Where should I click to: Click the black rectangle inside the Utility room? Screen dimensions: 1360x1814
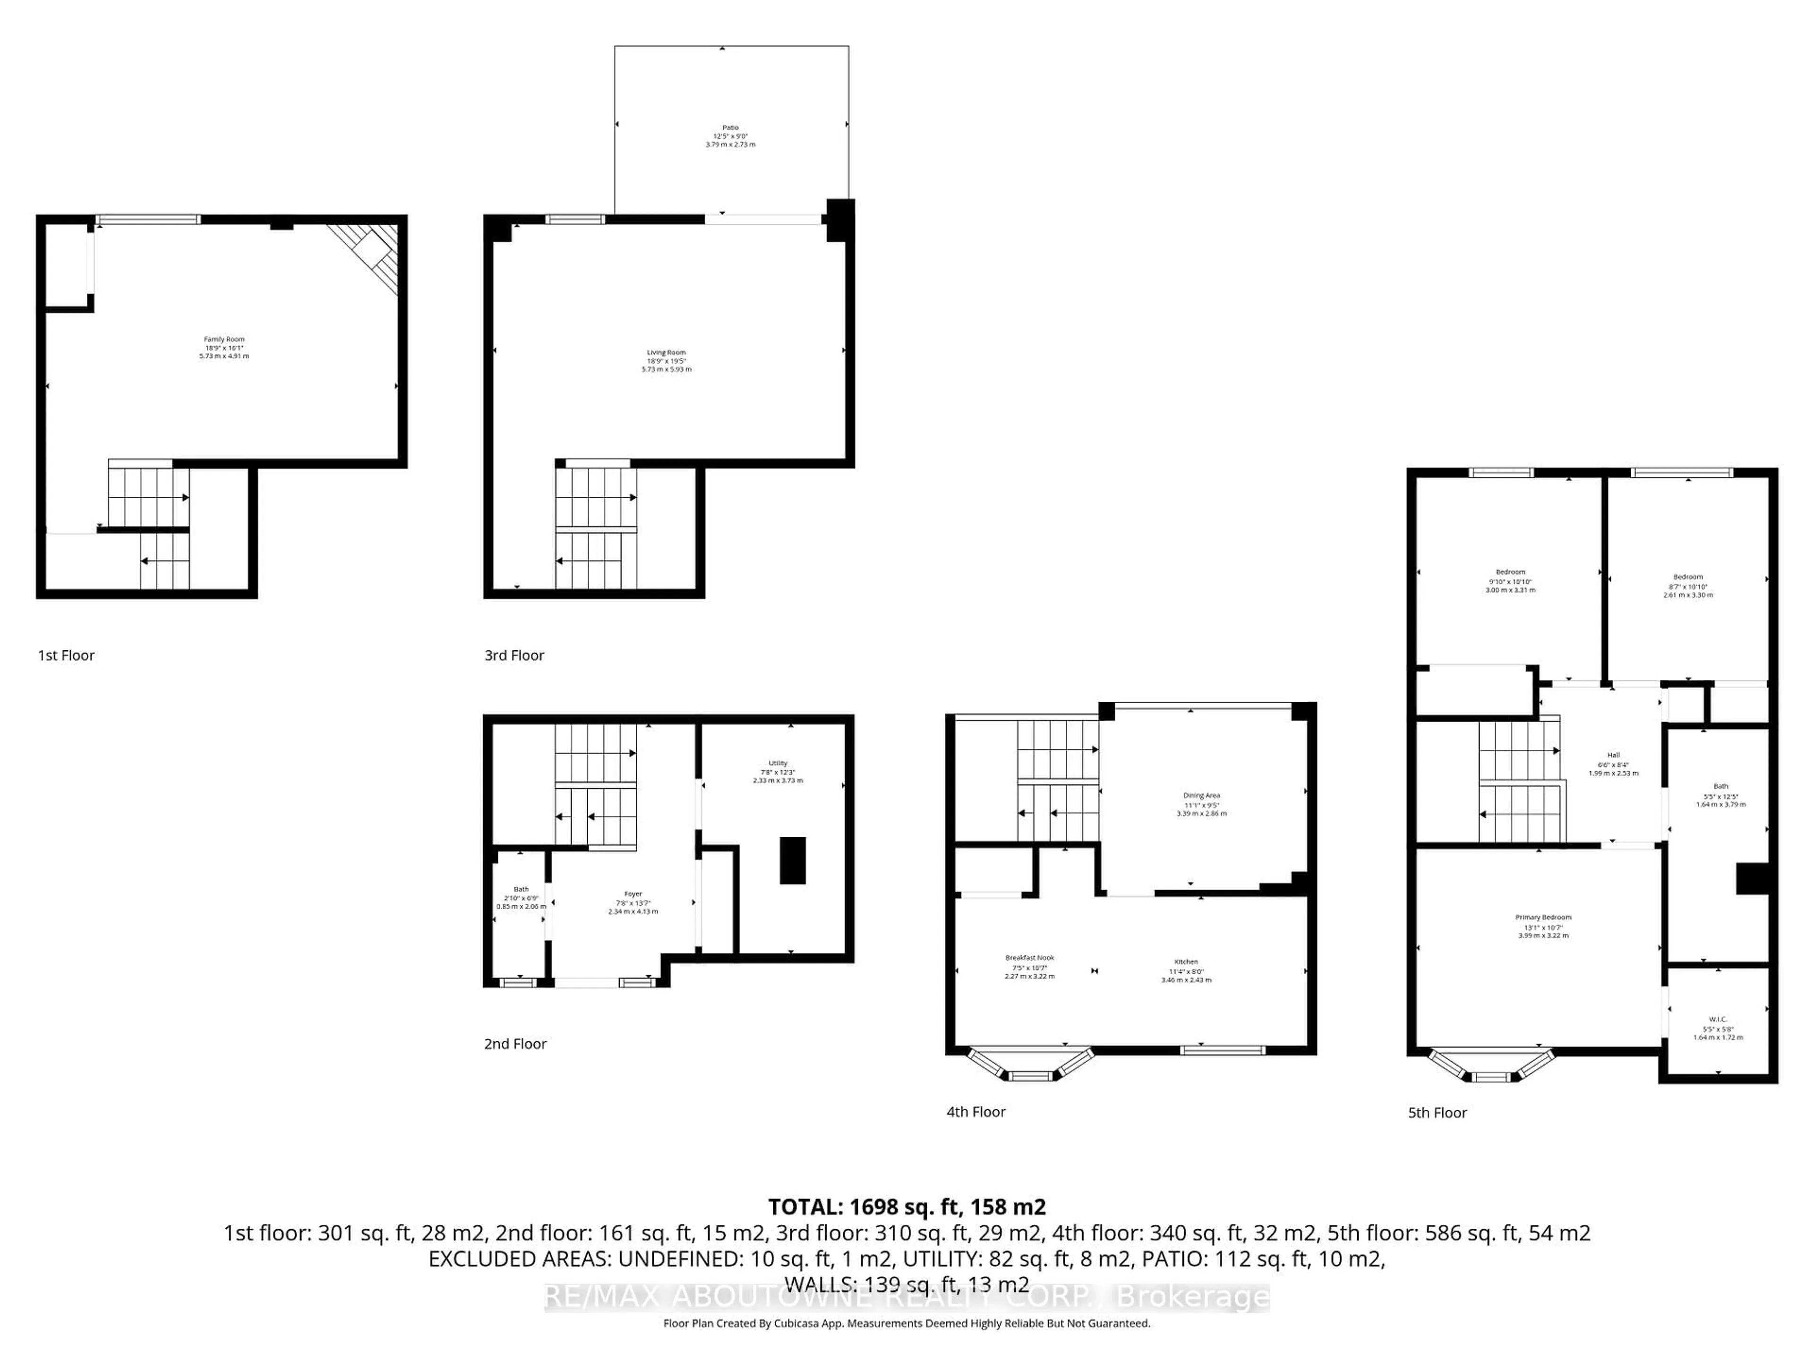pyautogui.click(x=792, y=860)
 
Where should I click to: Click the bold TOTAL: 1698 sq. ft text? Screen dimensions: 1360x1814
pyautogui.click(x=906, y=1207)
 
